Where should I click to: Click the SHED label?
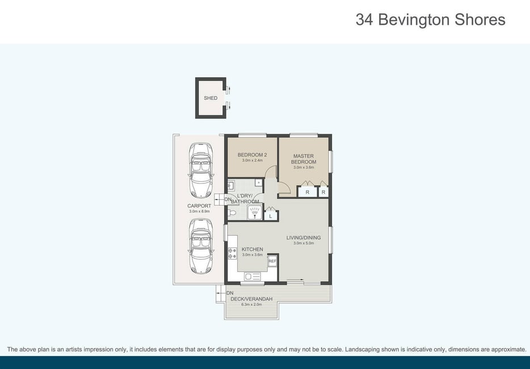pos(211,98)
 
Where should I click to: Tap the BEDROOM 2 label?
pos(252,155)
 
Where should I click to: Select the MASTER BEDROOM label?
pos(304,159)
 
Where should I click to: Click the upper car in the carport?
pos(201,170)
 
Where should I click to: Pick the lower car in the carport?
pos(201,246)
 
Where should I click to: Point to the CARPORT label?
pos(199,206)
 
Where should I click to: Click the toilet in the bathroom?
pos(232,213)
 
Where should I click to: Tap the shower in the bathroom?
pos(255,212)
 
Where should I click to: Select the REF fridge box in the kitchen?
pos(272,261)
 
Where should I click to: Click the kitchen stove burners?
pos(232,253)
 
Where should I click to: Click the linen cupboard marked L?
pos(271,216)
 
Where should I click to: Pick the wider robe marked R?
pos(307,192)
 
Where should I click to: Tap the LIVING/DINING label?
pos(304,238)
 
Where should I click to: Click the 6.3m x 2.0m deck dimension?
pos(251,304)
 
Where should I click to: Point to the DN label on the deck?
pos(230,293)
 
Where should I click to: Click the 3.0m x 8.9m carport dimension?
pos(199,211)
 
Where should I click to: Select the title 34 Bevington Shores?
pos(430,20)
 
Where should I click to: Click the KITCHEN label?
pos(252,249)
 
